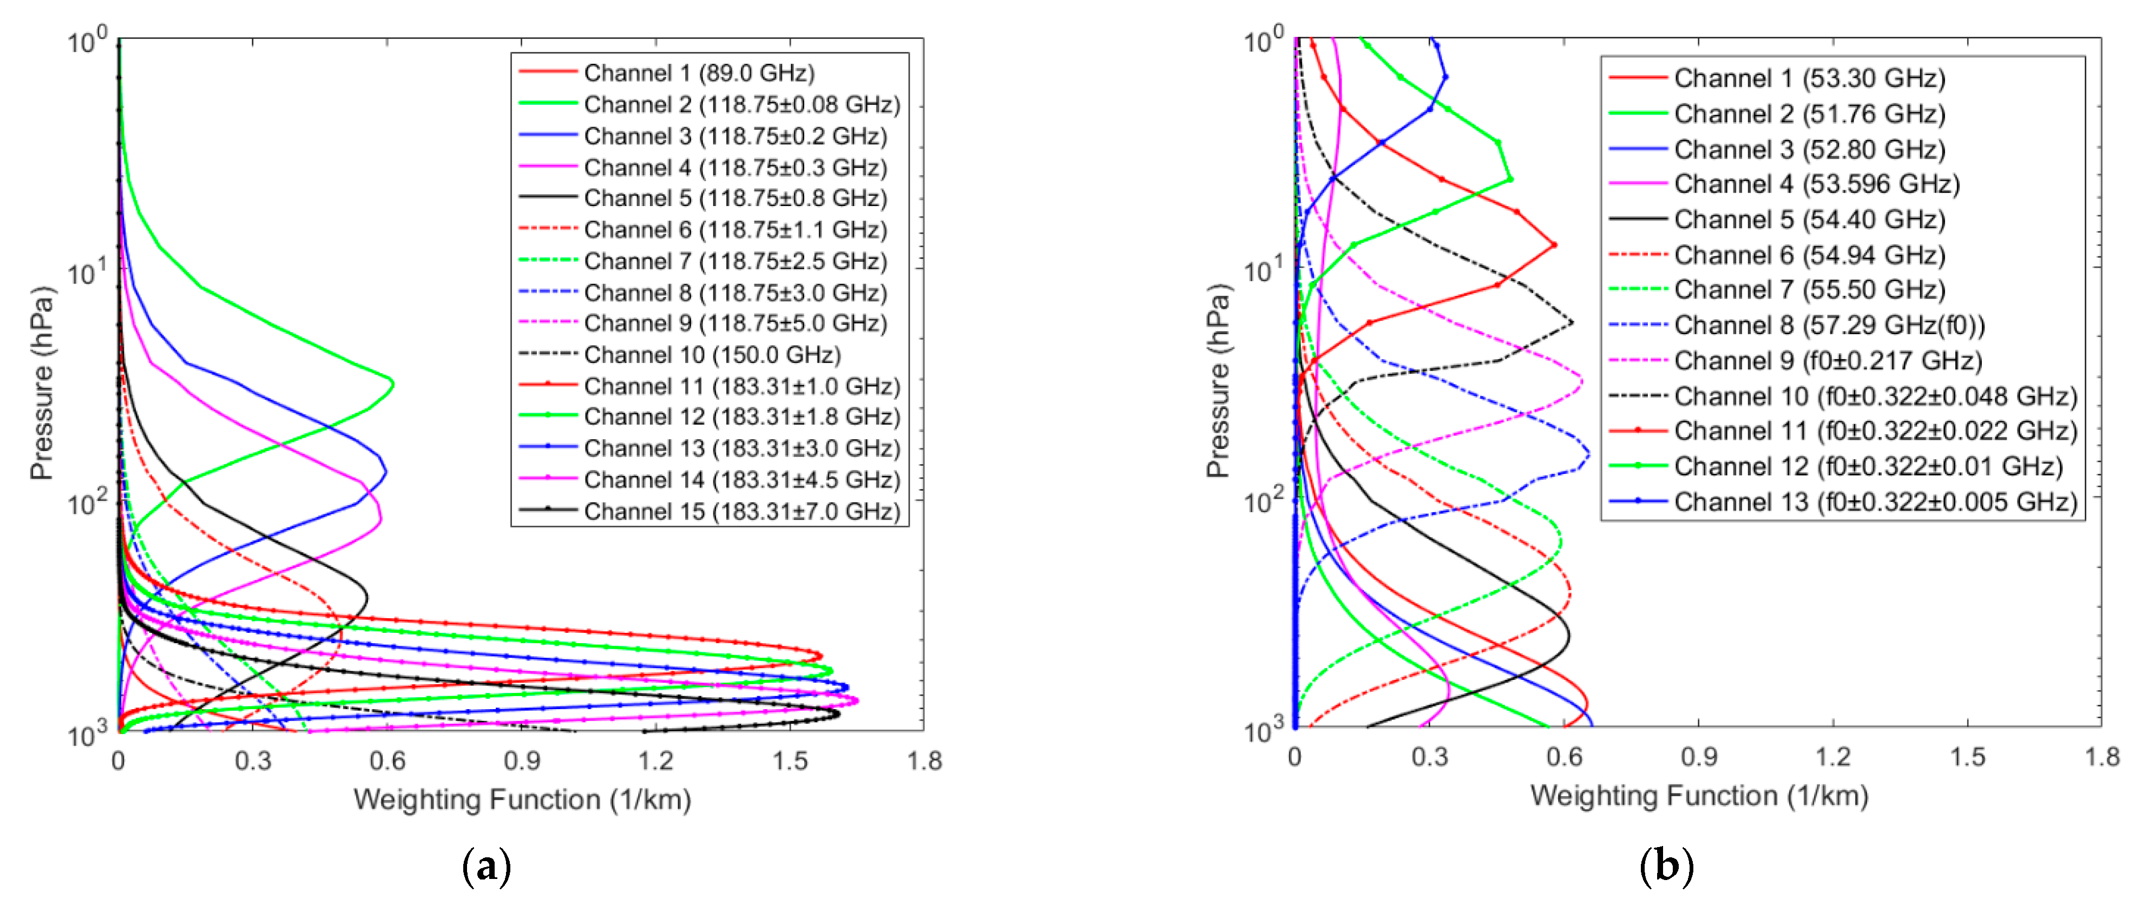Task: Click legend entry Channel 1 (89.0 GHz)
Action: pyautogui.click(x=699, y=73)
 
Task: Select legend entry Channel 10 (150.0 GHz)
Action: pyautogui.click(x=712, y=355)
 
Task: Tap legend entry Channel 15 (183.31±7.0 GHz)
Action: pyautogui.click(x=742, y=511)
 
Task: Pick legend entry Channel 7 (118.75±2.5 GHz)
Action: pyautogui.click(x=735, y=261)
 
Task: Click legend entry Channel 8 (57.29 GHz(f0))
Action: pyautogui.click(x=1829, y=325)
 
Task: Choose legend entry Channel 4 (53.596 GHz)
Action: pyautogui.click(x=1817, y=184)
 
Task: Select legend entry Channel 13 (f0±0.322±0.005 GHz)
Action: pyautogui.click(x=1875, y=502)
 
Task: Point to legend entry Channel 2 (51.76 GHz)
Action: pyautogui.click(x=1809, y=113)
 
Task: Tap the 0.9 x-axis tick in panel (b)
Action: pyautogui.click(x=1699, y=756)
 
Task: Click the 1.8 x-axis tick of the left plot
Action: pyautogui.click(x=924, y=760)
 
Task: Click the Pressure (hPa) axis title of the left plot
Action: pyautogui.click(x=42, y=384)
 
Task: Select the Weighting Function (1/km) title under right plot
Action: pyautogui.click(x=1699, y=796)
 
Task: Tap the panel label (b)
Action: pyautogui.click(x=1666, y=865)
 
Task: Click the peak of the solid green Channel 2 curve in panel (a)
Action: pyautogui.click(x=392, y=384)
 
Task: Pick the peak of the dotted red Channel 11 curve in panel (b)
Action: pyautogui.click(x=1553, y=245)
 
